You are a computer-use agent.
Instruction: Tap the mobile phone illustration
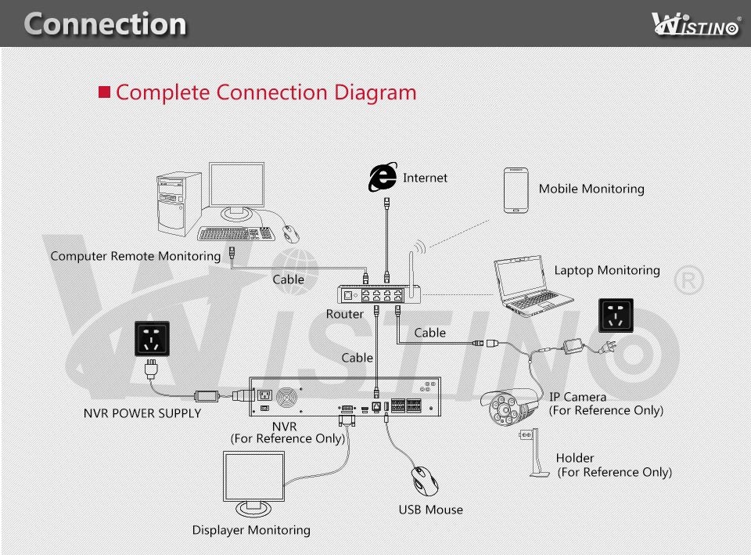(x=516, y=189)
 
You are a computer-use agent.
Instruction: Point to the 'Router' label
(x=345, y=314)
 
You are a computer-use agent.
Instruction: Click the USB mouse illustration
(x=426, y=481)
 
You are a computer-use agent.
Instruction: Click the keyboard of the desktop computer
(x=236, y=233)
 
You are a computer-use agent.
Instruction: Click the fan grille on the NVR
(x=290, y=397)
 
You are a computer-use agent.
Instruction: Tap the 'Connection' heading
(x=105, y=23)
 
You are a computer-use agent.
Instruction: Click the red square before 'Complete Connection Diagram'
(x=105, y=92)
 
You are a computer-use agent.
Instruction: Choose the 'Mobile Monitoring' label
(x=591, y=189)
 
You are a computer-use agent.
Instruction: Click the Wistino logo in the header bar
(x=695, y=23)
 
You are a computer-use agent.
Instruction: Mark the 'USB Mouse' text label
(x=430, y=510)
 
